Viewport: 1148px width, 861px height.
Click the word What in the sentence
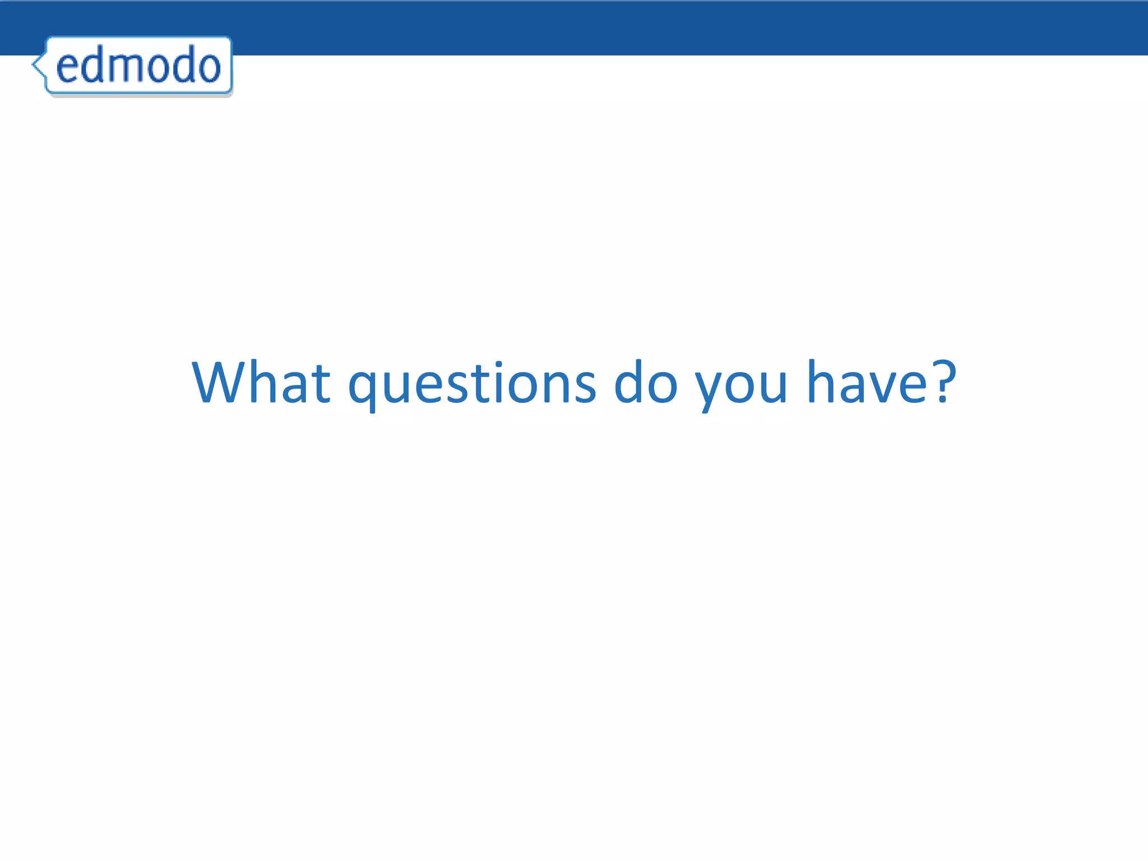click(x=261, y=382)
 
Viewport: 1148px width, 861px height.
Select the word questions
click(x=472, y=383)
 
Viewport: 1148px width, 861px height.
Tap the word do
click(x=646, y=382)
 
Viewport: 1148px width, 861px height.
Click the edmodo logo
click(x=138, y=65)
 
